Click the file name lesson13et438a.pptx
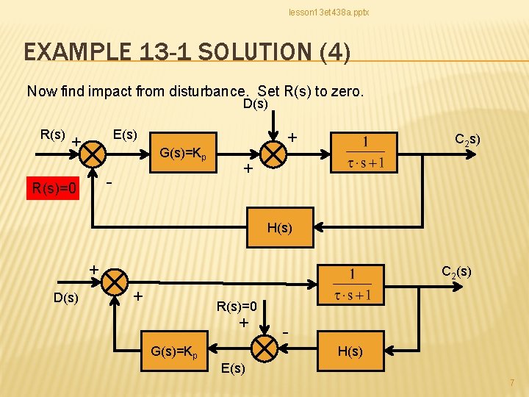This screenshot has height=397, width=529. [x=328, y=12]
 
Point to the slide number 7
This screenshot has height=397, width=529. [x=512, y=382]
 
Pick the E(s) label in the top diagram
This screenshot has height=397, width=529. [x=125, y=135]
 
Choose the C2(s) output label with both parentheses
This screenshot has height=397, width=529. [x=456, y=272]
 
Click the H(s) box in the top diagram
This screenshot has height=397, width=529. [x=279, y=228]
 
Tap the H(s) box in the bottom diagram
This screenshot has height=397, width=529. [x=349, y=351]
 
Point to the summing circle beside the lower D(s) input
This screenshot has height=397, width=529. [x=114, y=282]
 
